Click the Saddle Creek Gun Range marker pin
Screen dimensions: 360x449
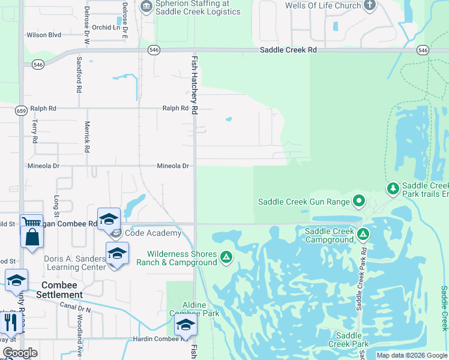[359, 200]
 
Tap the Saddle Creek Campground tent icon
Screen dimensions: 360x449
[363, 234]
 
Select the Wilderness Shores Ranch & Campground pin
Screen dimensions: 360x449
[226, 257]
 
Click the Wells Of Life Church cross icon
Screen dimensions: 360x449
[370, 6]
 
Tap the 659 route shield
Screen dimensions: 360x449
[21, 110]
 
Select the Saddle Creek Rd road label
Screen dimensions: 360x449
[288, 50]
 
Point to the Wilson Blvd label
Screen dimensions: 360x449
[44, 35]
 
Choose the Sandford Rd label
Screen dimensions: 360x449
[79, 75]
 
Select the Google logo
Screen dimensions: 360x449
[19, 353]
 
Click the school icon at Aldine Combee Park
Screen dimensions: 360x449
[186, 325]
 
